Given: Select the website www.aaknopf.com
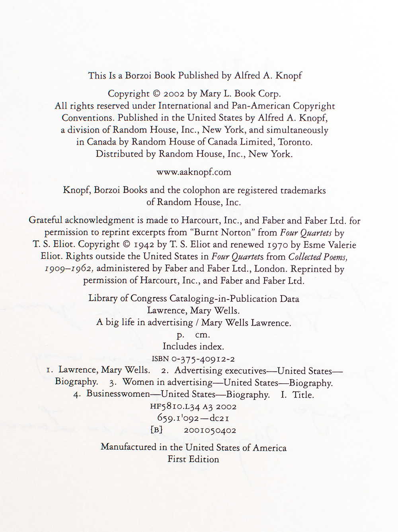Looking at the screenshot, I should (194, 172).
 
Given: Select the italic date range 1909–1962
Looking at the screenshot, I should (70, 269).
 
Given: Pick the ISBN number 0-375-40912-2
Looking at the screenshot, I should (203, 359).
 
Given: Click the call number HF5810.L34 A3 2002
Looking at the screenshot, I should (193, 407).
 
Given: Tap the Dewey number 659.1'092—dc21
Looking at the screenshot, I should (193, 418).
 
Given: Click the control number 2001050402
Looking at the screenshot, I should (210, 430).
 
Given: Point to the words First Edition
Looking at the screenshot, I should (193, 459).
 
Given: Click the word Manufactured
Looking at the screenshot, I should (129, 447).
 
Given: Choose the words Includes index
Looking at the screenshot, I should (193, 346).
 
